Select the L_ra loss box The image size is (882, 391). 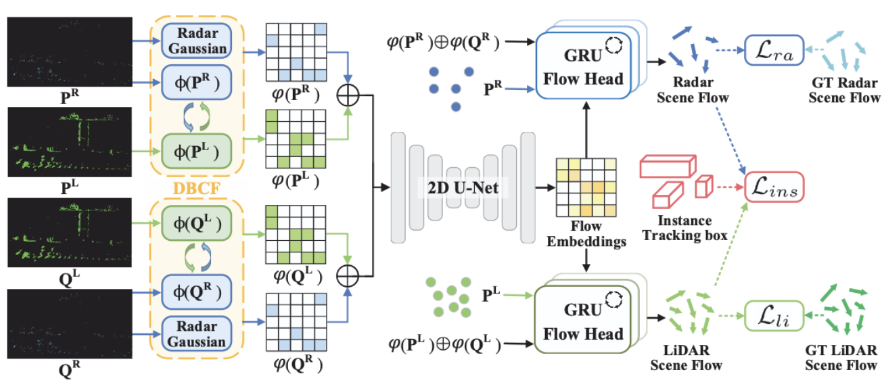(772, 51)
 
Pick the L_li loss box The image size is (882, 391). (772, 315)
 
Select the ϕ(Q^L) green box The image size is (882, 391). (195, 223)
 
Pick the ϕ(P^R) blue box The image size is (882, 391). (195, 84)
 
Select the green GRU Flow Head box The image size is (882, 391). (584, 319)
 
